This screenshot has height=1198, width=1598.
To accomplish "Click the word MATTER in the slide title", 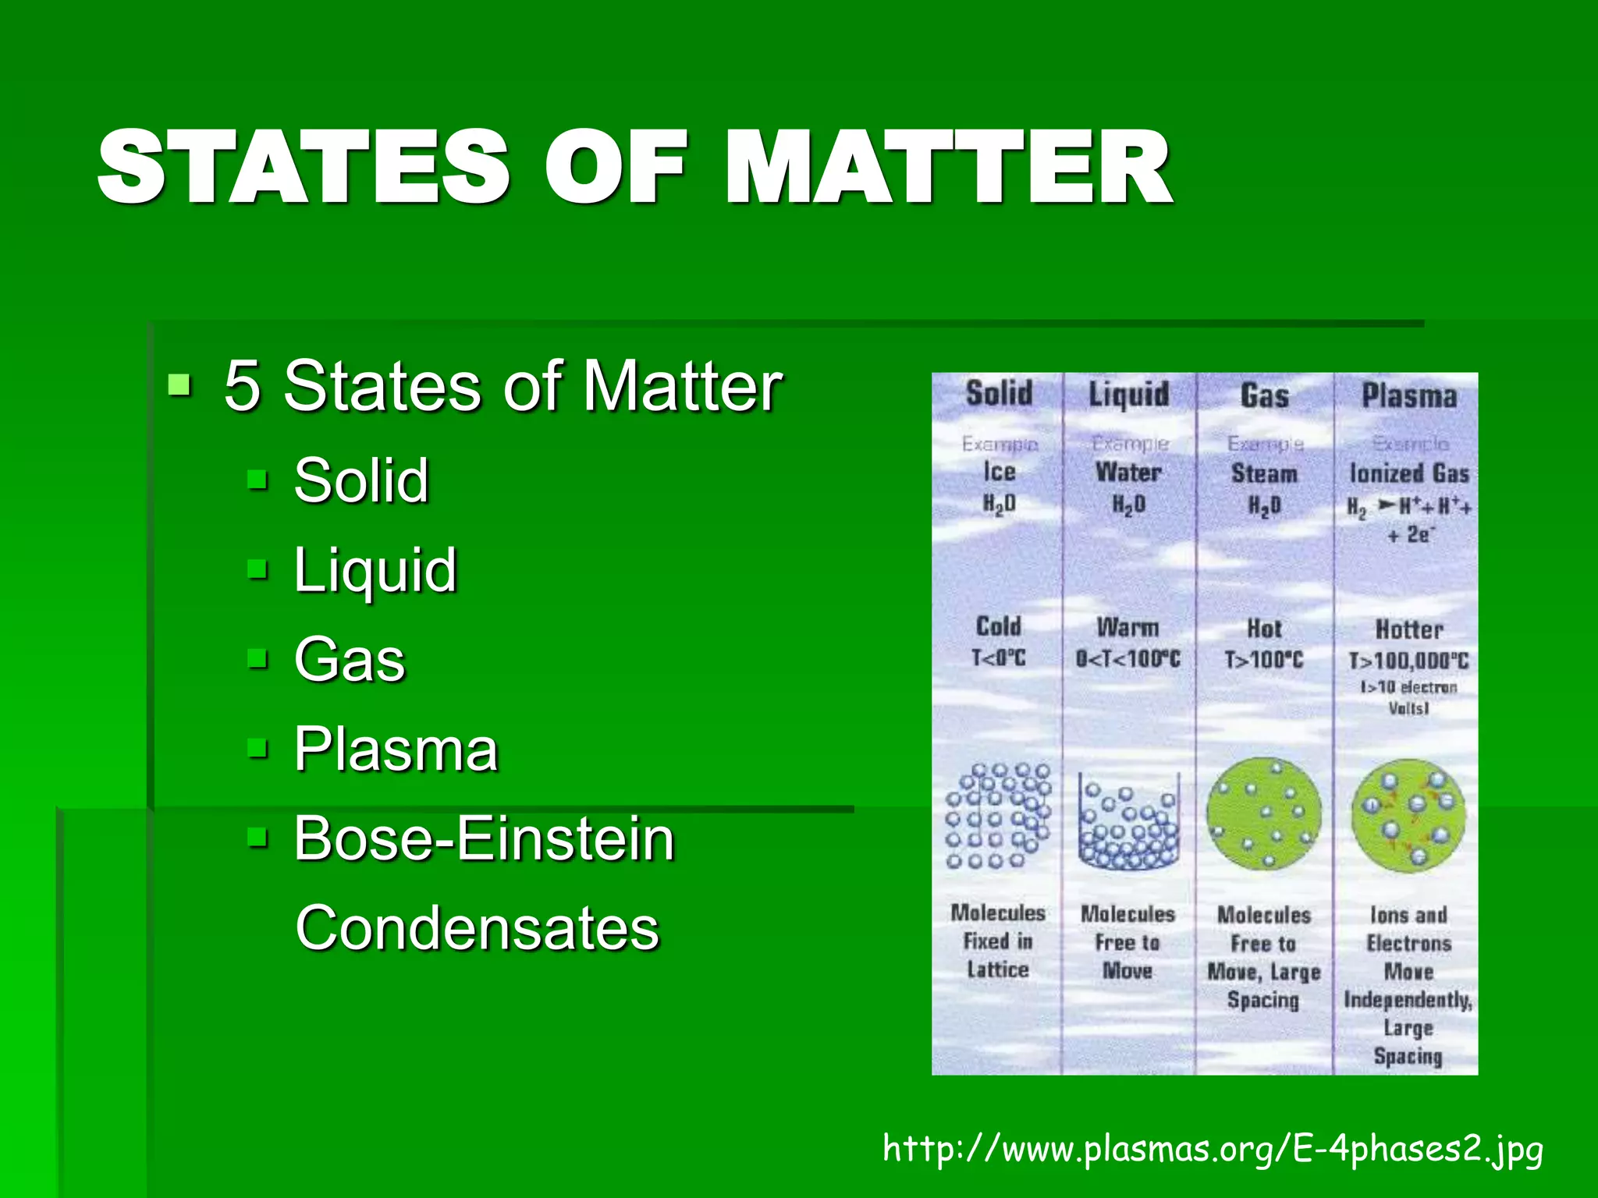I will [x=949, y=168].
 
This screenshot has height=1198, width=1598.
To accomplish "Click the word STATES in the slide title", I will [x=304, y=168].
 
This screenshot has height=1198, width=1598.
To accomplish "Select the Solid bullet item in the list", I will [x=361, y=480].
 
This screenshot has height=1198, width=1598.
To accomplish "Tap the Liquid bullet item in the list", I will [x=375, y=570].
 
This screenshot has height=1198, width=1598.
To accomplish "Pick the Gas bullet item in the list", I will [x=350, y=660].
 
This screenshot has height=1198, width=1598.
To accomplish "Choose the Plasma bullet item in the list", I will [x=396, y=750].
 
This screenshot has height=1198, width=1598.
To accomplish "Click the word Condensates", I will [x=478, y=928].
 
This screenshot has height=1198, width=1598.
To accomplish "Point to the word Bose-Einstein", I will [x=484, y=839].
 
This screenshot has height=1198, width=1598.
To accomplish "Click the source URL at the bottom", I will [x=1213, y=1149].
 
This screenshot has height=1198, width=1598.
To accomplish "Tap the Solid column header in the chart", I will [x=999, y=393].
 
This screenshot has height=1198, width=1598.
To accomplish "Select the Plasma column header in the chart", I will [x=1409, y=395].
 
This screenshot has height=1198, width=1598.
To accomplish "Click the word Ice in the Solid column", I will [x=999, y=472].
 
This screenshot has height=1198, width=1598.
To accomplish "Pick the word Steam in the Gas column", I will [x=1264, y=473].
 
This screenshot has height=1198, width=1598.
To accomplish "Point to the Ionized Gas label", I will [x=1409, y=473].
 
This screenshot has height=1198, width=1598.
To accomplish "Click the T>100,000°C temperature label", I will [x=1409, y=661].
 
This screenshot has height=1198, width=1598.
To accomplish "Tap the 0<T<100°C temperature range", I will [x=1128, y=659].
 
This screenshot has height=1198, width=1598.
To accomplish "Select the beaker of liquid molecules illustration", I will [x=1128, y=823].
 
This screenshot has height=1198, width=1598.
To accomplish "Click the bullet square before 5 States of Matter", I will [x=179, y=384].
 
